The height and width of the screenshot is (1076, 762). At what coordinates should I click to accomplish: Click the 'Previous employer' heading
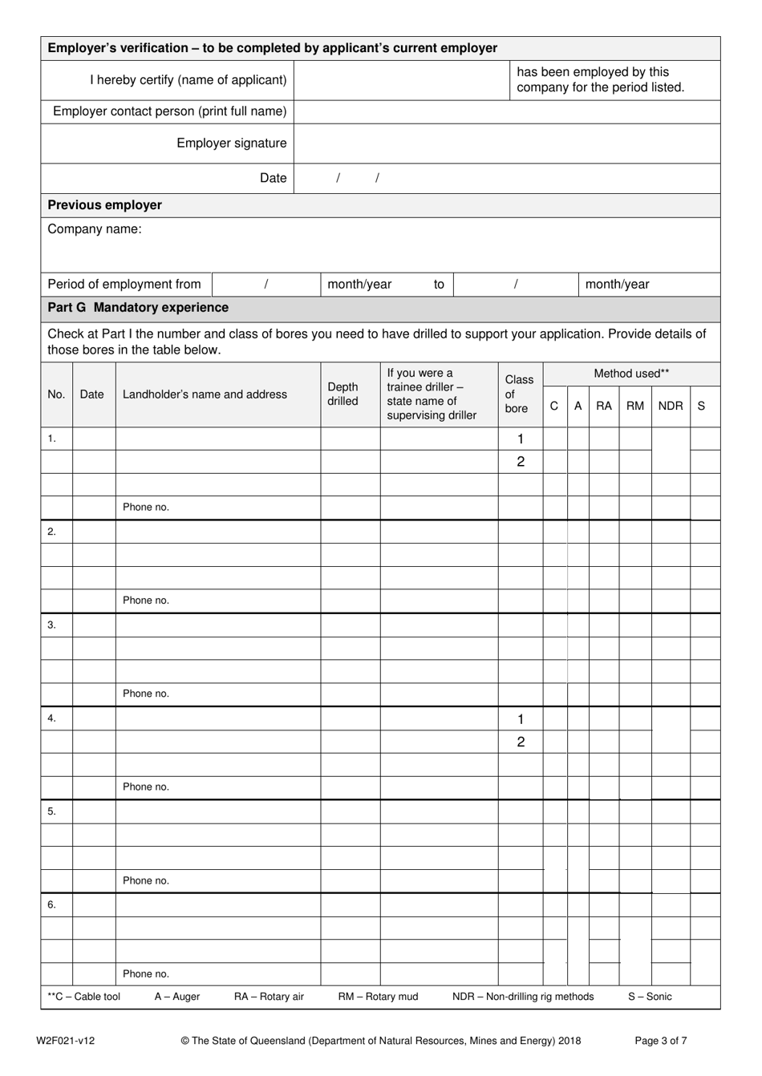[104, 205]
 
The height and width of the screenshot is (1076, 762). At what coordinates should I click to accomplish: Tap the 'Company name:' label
[94, 229]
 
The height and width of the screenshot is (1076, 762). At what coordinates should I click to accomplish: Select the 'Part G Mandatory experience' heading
[138, 308]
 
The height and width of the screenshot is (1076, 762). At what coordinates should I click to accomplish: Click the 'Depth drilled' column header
[342, 394]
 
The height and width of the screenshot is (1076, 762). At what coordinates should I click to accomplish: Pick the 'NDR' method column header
[670, 406]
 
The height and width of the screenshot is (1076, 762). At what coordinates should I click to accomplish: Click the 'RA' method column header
[603, 406]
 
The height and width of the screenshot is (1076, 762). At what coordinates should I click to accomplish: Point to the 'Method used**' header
[630, 374]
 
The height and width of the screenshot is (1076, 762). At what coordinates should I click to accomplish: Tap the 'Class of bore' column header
[518, 394]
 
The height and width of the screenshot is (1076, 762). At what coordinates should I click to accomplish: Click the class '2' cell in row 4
[521, 742]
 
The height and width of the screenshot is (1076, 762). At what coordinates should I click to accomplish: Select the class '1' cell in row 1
[521, 439]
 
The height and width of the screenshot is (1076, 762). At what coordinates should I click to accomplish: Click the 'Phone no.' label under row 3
[145, 694]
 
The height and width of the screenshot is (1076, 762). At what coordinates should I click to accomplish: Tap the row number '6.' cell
[52, 904]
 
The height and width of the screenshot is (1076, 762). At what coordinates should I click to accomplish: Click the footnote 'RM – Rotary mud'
[378, 997]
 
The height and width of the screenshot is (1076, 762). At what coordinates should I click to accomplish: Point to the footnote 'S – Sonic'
[650, 997]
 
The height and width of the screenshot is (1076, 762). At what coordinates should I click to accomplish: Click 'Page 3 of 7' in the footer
[660, 1041]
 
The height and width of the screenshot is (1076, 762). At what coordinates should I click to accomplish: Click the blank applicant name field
[402, 80]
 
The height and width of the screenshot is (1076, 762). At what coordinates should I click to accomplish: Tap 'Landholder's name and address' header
[205, 394]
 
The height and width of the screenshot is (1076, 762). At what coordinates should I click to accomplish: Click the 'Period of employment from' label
[124, 285]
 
